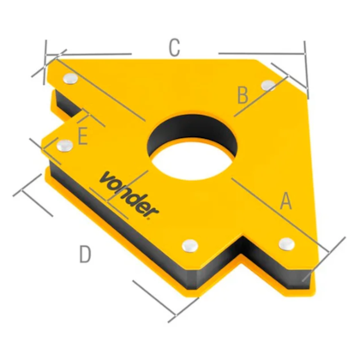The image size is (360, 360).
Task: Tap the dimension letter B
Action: coord(243,93)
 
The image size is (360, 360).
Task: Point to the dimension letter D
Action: coord(84,255)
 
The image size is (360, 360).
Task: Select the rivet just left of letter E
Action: coord(61,150)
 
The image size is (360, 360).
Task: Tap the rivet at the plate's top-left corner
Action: coord(69,79)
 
